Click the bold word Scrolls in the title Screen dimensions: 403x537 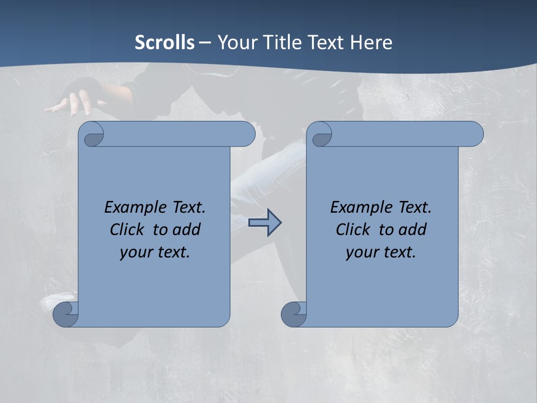pyautogui.click(x=164, y=43)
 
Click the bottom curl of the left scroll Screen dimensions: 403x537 pyautogui.click(x=66, y=314)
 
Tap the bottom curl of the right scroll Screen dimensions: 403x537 pyautogui.click(x=294, y=314)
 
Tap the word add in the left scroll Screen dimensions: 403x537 pyautogui.click(x=187, y=229)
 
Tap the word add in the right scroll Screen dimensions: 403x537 pyautogui.click(x=413, y=229)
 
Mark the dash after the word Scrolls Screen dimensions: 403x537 pyautogui.click(x=205, y=43)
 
